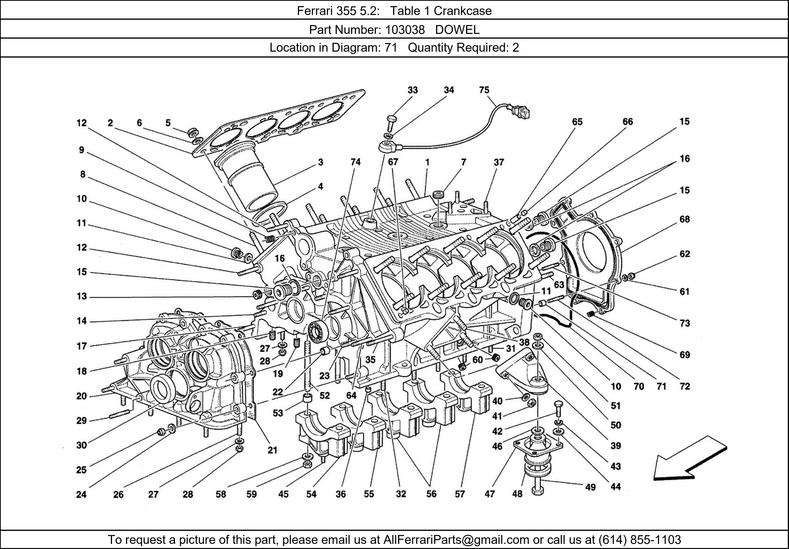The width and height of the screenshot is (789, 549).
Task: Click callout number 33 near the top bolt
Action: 412,90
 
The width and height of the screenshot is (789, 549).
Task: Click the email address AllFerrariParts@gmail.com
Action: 456,540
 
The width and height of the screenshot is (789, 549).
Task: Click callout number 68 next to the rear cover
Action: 684,219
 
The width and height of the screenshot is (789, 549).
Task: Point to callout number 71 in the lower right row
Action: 661,387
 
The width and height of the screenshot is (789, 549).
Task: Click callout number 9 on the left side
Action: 81,150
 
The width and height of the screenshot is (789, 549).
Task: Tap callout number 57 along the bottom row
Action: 460,494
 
